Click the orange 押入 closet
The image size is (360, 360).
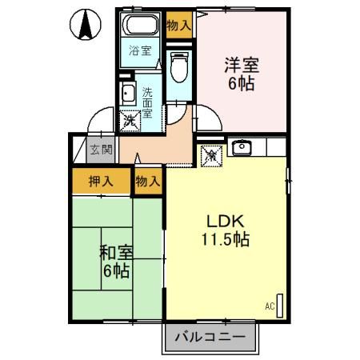(101, 182)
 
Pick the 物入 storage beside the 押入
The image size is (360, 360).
(148, 182)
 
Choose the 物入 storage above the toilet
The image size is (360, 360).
(179, 26)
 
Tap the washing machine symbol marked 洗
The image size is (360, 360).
(128, 121)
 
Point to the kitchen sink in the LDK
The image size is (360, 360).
(240, 147)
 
